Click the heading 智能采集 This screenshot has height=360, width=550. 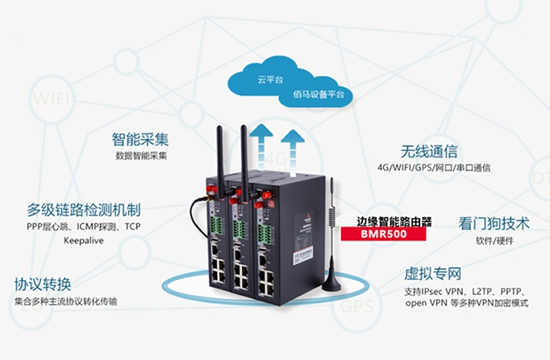tap(141, 140)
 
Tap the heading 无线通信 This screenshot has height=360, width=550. tap(429, 151)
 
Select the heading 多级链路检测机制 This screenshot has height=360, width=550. tap(83, 211)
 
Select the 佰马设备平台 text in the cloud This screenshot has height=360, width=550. tap(315, 95)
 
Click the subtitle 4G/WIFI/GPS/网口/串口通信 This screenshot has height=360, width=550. tap(433, 167)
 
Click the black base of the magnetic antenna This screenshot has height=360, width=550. tap(331, 282)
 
